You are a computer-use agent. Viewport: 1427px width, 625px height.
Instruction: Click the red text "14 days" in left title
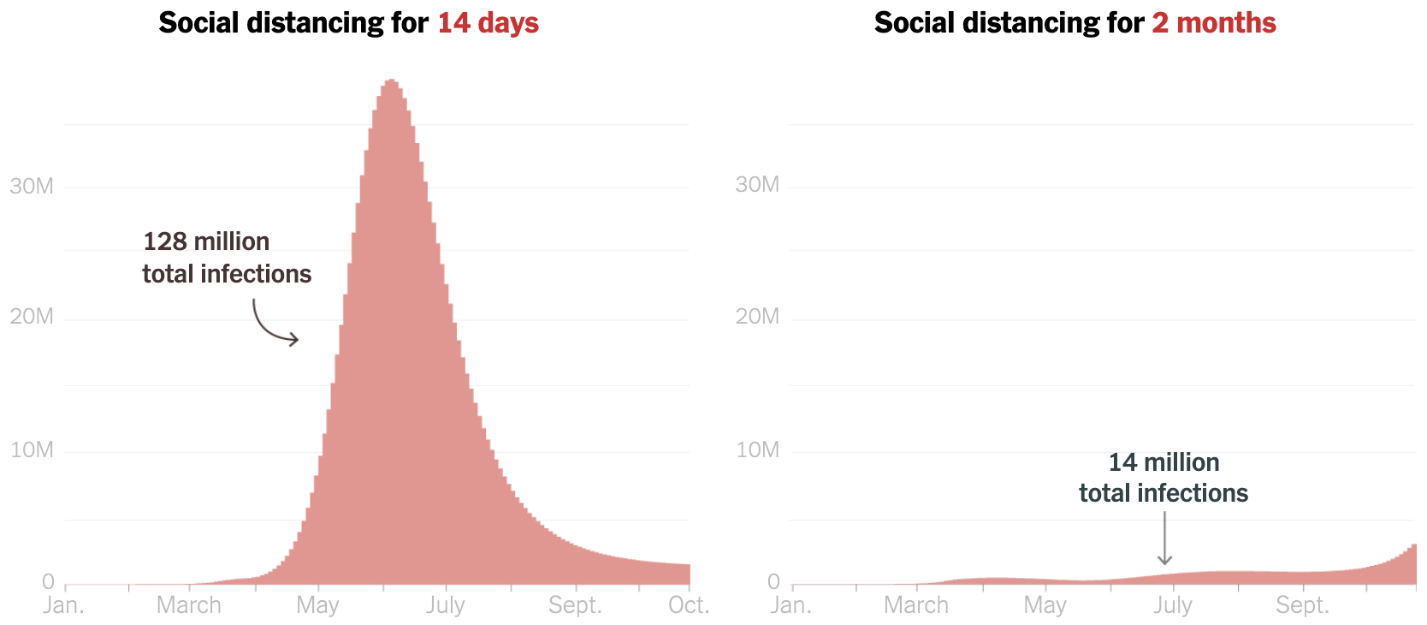(x=488, y=23)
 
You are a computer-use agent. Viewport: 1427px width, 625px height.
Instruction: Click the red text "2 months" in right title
(x=1213, y=23)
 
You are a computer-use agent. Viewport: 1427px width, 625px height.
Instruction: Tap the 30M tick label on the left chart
(x=32, y=186)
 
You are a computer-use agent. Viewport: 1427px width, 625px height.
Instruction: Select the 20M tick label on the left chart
(x=32, y=317)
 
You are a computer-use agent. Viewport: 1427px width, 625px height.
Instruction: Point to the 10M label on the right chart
(x=757, y=449)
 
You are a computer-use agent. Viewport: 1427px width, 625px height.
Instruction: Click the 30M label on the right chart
(x=757, y=184)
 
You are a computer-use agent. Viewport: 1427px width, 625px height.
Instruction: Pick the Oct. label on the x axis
(x=689, y=605)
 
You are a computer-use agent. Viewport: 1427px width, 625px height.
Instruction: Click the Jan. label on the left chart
(x=64, y=605)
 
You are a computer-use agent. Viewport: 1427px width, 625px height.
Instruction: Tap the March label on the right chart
(x=915, y=605)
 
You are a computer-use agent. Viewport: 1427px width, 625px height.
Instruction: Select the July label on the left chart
(x=445, y=605)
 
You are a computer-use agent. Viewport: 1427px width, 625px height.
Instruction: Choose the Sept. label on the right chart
(x=1302, y=605)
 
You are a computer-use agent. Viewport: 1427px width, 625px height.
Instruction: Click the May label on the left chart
(x=317, y=605)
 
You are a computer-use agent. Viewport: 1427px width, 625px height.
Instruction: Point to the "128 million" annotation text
(x=206, y=241)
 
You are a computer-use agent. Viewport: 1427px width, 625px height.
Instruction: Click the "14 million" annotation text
(x=1164, y=462)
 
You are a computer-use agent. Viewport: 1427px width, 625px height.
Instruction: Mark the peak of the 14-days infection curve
(x=391, y=80)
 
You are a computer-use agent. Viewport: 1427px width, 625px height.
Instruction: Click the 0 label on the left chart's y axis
(x=48, y=582)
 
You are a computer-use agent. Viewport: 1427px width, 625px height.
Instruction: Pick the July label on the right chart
(x=1172, y=605)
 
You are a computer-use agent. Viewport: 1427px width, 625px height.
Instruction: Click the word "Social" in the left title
(x=198, y=23)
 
